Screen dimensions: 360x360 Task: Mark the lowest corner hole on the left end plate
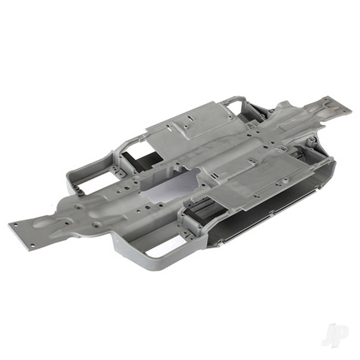click(32, 245)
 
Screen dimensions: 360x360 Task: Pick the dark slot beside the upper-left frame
click(140, 158)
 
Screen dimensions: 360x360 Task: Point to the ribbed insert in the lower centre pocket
click(202, 209)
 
